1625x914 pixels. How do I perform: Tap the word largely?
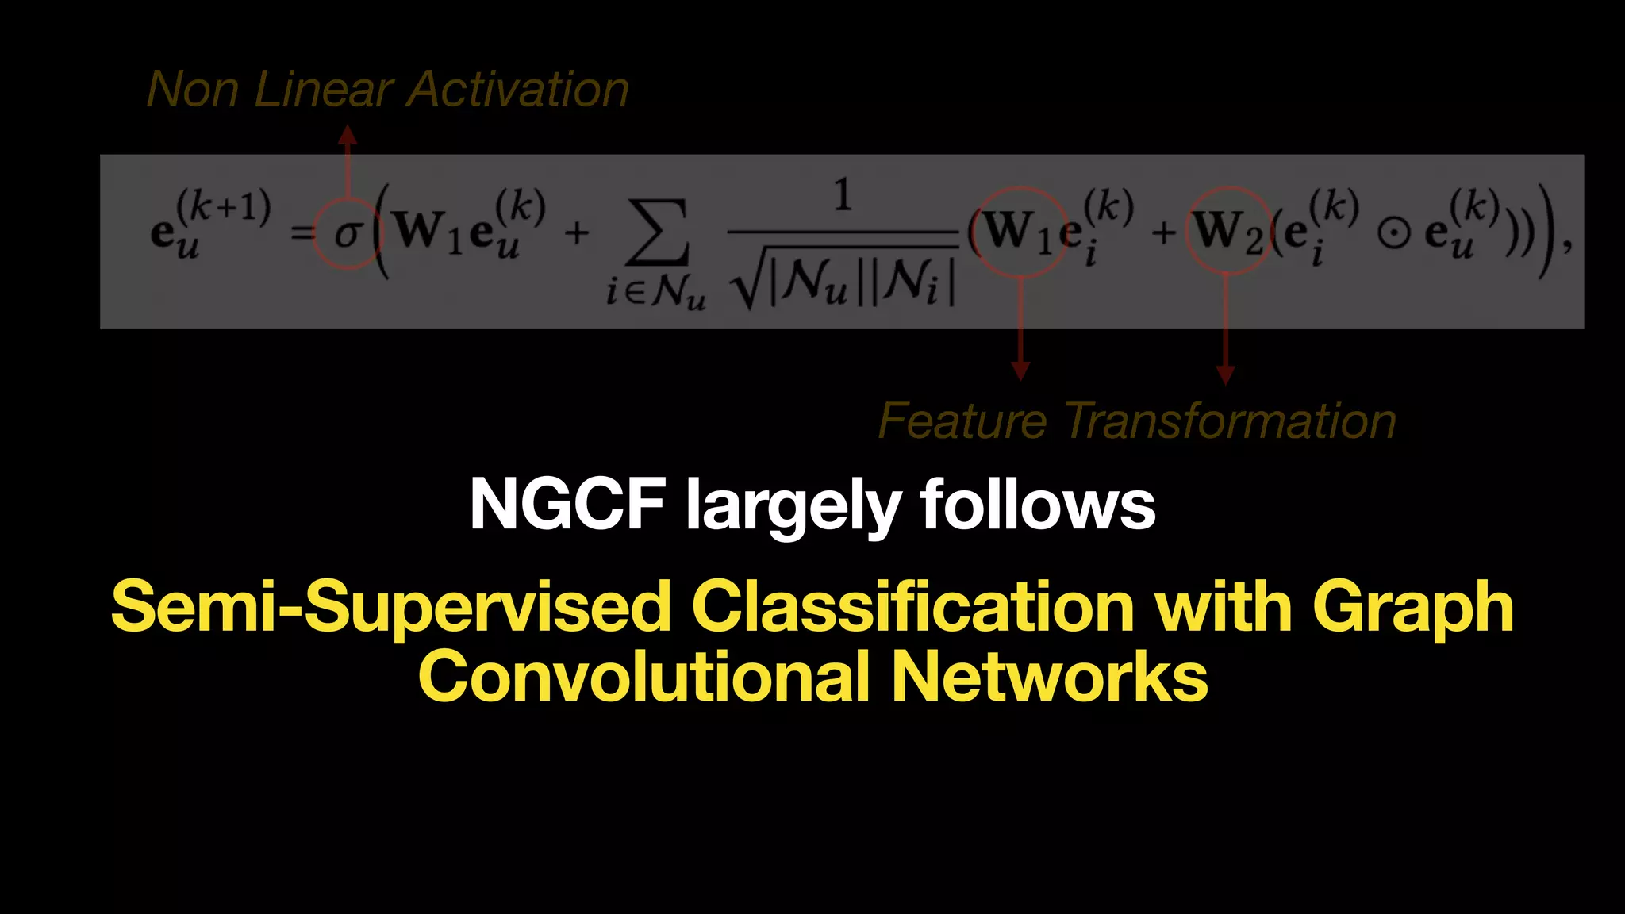793,508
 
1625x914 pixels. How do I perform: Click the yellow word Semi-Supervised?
390,607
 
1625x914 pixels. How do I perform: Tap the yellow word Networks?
1049,677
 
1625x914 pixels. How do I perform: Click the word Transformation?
1229,421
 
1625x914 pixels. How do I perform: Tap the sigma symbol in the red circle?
348,233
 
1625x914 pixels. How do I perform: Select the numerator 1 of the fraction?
843,195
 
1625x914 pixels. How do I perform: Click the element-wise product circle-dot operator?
1393,232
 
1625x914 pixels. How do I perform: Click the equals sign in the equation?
302,233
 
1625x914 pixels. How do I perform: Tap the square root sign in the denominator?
748,286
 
